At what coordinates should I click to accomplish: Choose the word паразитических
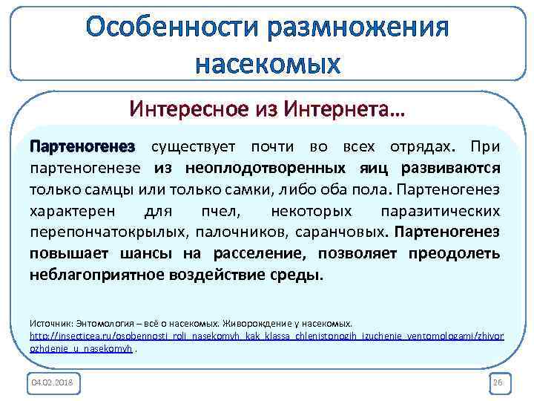[439, 210]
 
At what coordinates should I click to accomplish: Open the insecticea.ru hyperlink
[266, 336]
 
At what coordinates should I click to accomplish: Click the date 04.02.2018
[54, 382]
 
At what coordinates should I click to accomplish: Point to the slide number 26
[497, 382]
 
